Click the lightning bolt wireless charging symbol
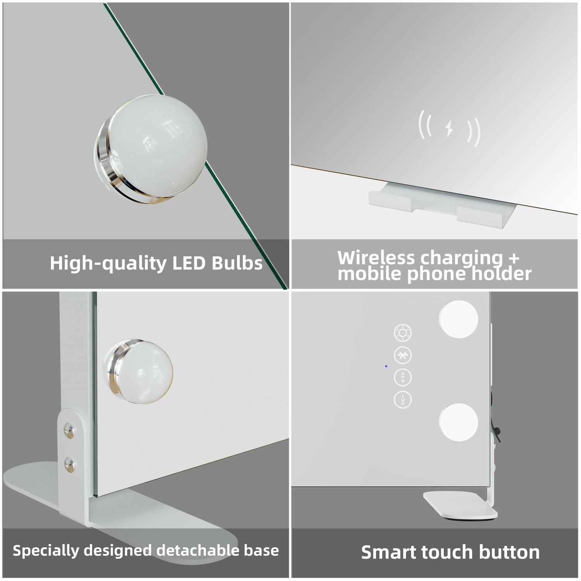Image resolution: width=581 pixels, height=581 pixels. point(449,129)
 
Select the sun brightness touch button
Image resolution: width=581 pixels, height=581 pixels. point(403,333)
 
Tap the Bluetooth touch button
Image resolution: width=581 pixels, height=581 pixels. point(403,355)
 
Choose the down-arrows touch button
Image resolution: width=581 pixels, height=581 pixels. point(403,399)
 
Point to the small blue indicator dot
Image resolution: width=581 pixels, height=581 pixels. point(386,366)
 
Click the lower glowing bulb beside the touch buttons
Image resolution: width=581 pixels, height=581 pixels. point(458,422)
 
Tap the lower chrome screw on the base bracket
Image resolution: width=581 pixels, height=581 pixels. point(69,464)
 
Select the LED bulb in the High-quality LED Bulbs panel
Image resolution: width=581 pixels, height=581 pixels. point(151,149)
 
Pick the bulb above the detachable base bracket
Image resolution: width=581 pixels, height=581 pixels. point(138,371)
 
